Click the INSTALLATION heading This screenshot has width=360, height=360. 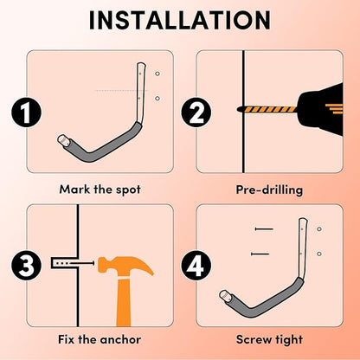[180, 20]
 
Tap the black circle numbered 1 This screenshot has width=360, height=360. [26, 112]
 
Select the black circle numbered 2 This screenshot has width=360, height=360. [196, 112]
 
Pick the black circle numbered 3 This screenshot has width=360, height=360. [26, 266]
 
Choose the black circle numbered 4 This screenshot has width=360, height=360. [196, 266]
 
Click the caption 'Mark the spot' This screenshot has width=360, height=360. [100, 190]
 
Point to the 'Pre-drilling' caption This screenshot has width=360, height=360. [269, 190]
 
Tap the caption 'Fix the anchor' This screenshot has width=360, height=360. [100, 339]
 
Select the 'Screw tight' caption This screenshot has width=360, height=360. [269, 339]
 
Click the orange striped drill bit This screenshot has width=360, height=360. [267, 110]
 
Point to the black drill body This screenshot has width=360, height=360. [320, 110]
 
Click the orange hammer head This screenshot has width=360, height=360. [125, 267]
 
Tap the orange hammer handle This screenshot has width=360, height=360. [124, 303]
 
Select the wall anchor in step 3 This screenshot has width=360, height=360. [64, 263]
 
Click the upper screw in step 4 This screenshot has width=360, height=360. [264, 229]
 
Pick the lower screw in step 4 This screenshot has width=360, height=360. [260, 254]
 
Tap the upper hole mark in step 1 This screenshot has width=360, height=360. [157, 74]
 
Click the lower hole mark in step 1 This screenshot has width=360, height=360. [157, 99]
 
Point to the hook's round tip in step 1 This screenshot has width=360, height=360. [62, 140]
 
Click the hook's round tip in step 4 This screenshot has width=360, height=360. [224, 295]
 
